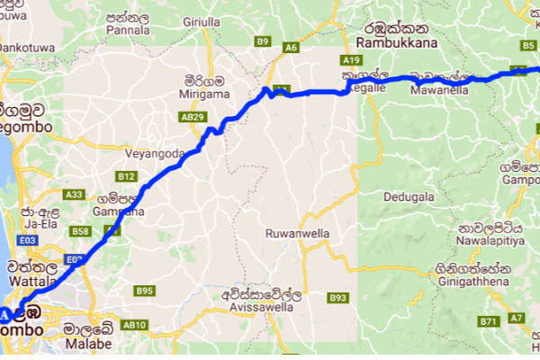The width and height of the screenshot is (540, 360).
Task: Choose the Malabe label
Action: [89, 343]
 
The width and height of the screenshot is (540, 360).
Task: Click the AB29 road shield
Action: [193, 117]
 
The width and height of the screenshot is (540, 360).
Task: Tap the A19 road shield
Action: [352, 59]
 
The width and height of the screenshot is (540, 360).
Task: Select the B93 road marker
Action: [337, 297]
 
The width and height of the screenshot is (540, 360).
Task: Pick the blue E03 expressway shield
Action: [27, 240]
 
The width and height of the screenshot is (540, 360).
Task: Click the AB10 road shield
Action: [134, 325]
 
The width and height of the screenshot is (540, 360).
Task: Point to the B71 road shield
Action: [489, 322]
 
